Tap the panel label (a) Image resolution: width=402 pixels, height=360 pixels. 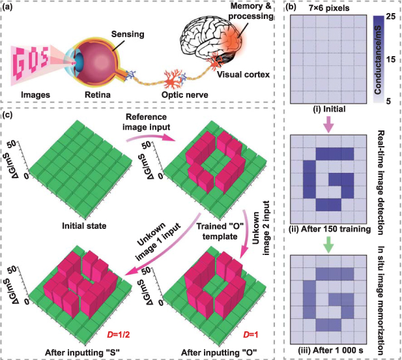pos(13,8)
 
